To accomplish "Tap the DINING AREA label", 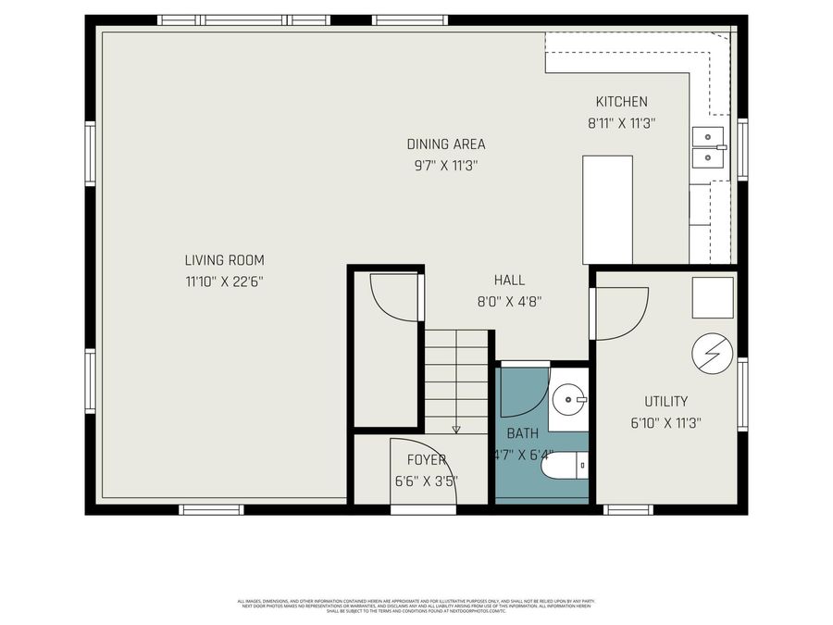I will click(445, 144).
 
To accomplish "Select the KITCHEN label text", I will click(621, 102).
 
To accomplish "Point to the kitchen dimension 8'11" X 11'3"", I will click(621, 122).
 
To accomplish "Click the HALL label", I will click(509, 280).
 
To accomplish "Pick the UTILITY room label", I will click(665, 401).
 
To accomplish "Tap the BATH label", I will click(521, 432).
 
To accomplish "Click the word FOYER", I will click(426, 459).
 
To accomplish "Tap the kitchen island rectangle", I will click(607, 209).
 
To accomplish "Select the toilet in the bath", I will click(565, 466).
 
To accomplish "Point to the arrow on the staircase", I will click(456, 429).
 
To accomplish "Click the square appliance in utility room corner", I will click(713, 298).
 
